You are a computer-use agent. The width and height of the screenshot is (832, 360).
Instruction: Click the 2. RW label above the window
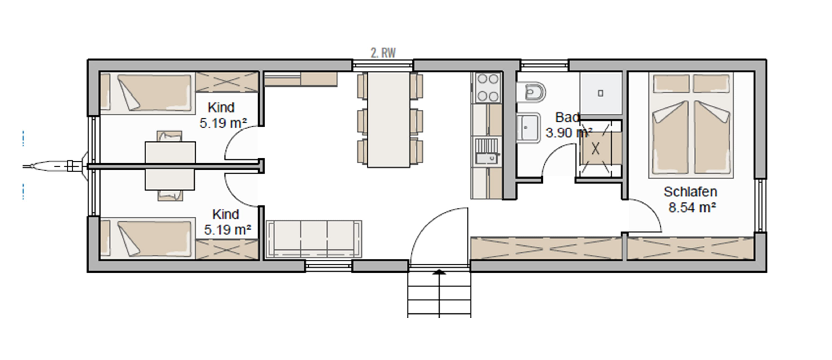point(383,53)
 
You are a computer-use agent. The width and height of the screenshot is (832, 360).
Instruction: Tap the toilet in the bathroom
point(531,91)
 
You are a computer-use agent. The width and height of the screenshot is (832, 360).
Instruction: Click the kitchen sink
point(487,152)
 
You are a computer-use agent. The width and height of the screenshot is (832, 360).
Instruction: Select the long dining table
point(389,120)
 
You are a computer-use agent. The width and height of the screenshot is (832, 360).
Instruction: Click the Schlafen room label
point(690,192)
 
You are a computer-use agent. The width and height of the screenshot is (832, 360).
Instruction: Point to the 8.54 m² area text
point(692,207)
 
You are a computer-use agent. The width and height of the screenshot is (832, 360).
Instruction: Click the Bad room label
point(567,117)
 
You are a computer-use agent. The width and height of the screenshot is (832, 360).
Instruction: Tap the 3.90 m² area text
point(569,132)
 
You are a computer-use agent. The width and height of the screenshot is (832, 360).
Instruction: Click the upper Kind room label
point(221,107)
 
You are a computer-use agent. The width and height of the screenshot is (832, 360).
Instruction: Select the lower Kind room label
point(226,214)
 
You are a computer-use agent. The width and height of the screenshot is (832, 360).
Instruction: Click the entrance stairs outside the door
point(439,295)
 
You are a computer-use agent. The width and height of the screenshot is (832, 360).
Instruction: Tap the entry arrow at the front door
point(439,273)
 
